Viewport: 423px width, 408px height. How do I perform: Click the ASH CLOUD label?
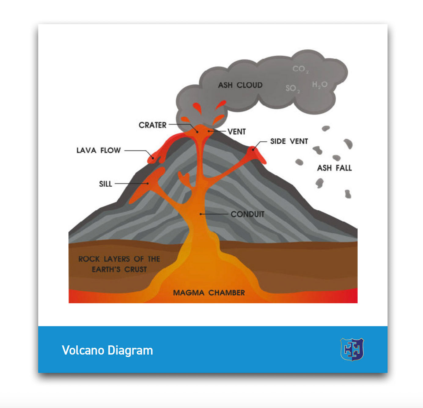coord(240,85)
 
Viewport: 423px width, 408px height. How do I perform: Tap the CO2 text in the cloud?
coord(300,69)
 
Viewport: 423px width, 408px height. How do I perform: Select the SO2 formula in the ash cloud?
coord(292,89)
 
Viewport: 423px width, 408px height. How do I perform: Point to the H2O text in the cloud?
coord(320,85)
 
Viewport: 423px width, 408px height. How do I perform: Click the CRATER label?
coord(153,125)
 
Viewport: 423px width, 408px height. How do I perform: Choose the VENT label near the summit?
coord(237,132)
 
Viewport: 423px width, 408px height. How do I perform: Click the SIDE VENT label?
coord(289,141)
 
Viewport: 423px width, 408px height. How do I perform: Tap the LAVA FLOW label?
coord(98,150)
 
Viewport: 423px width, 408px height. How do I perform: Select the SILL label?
coord(105,184)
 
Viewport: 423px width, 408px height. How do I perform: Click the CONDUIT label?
coord(248,214)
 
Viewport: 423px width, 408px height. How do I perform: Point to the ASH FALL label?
coord(334,168)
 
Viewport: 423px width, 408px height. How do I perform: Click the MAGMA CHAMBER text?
coord(209,293)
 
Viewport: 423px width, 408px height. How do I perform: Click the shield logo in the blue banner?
coord(352,349)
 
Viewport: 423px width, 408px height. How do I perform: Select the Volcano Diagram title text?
coord(107,350)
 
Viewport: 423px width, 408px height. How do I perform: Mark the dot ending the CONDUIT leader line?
coord(201,214)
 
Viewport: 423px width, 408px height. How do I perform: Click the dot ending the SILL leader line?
coord(148,184)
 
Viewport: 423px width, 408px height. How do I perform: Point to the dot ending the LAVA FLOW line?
coord(153,158)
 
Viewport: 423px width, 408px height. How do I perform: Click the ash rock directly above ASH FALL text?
coord(337,158)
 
